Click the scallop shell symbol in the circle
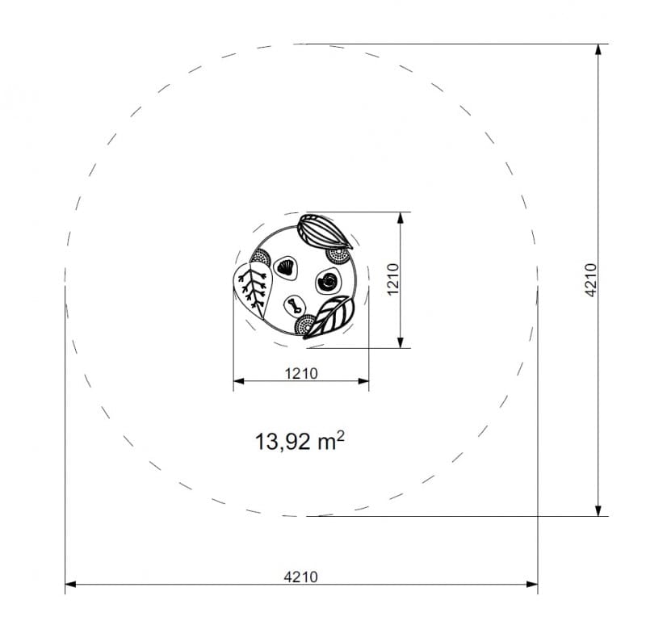(286, 268)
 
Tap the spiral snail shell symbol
(329, 281)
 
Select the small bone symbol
(295, 306)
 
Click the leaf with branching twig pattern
(252, 289)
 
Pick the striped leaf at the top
(325, 232)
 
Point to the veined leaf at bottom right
(329, 317)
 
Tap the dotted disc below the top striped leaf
(338, 255)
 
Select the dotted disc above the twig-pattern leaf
(260, 258)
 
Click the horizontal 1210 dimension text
(301, 373)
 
